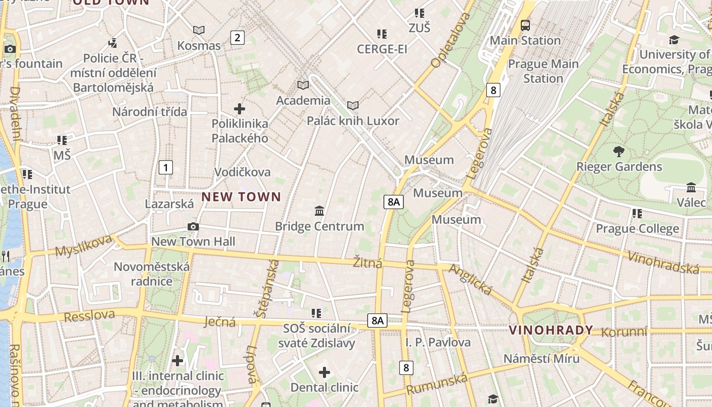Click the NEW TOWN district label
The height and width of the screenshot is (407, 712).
point(241,197)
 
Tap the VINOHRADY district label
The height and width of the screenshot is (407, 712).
point(551,330)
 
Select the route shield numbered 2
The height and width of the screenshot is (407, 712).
point(237,37)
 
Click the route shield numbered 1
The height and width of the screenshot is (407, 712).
point(165,167)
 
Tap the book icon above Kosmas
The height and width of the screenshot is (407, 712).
point(199,31)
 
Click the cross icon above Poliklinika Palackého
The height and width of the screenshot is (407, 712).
point(239,108)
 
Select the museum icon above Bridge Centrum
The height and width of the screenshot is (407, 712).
point(319,211)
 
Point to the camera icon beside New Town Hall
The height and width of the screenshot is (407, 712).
point(193,226)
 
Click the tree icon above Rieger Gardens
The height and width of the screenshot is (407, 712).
point(619,151)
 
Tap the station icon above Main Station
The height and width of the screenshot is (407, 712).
point(525,25)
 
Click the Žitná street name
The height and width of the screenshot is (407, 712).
point(368,263)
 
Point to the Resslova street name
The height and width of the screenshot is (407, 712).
point(90,315)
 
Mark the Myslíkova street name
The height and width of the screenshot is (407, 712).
point(83,246)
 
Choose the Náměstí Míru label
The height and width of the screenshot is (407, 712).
point(541,358)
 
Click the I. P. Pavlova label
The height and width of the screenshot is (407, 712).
point(438,342)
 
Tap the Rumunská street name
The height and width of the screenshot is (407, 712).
point(437,384)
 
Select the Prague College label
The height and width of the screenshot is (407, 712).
point(637,228)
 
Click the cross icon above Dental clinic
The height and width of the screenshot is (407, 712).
point(324,372)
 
